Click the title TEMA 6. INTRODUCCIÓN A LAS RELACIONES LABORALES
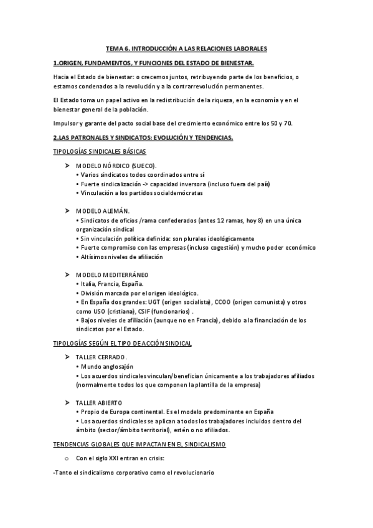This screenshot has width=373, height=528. point(186,47)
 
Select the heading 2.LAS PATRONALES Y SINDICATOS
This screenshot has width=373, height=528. point(143,137)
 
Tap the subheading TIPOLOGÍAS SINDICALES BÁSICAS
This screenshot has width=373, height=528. point(100,152)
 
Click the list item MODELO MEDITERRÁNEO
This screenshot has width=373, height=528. point(112,274)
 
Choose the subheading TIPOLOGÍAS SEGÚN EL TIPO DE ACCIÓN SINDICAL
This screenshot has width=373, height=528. point(123,343)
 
